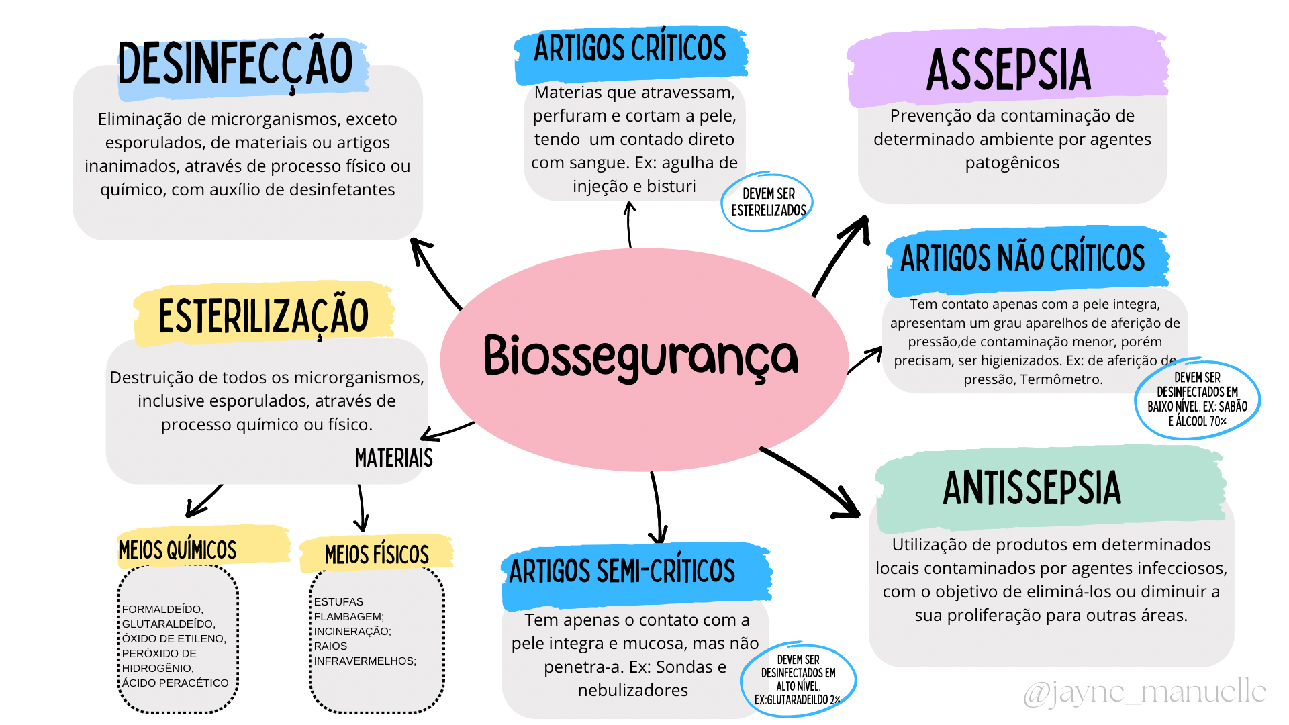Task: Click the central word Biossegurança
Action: tap(641, 356)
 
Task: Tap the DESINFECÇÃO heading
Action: tap(235, 64)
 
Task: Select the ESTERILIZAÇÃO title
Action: tap(263, 316)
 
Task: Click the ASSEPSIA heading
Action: tap(1008, 70)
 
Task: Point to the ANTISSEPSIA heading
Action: tap(1032, 488)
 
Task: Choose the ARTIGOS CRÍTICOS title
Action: tap(630, 49)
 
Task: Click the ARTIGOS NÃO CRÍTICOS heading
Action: tap(1022, 258)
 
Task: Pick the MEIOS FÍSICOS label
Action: tap(377, 555)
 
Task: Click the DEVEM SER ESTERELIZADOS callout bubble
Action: tap(768, 202)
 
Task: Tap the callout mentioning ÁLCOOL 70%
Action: tap(1197, 400)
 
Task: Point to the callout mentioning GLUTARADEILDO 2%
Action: tap(798, 680)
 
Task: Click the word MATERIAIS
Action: tap(393, 458)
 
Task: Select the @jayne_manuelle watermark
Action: tap(1145, 692)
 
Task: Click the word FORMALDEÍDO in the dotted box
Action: tap(162, 609)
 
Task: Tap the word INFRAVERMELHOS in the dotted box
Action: tap(365, 661)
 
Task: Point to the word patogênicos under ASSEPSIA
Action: tap(1012, 163)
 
